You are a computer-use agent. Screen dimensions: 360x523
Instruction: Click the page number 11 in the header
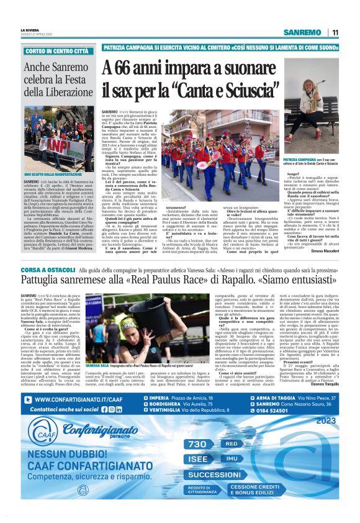click(x=335, y=32)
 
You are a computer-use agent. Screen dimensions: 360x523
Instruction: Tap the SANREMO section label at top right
click(x=302, y=32)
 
